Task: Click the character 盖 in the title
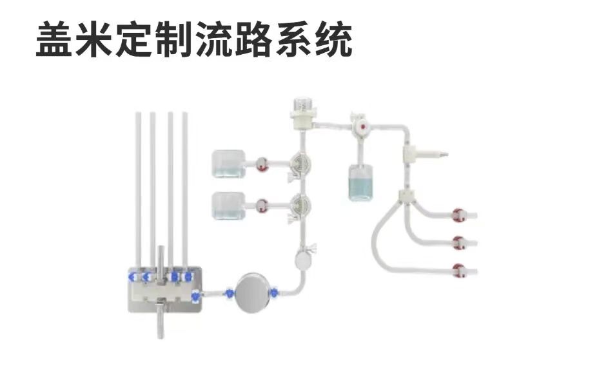[x=54, y=39]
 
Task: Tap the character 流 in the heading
[x=214, y=39]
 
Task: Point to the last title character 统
[x=334, y=39]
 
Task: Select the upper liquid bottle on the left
[x=229, y=164]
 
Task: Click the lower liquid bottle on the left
[x=229, y=206]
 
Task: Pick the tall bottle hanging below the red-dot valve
[x=360, y=182]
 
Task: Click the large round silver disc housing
[x=253, y=293]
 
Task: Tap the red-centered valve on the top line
[x=362, y=127]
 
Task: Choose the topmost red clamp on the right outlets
[x=458, y=215]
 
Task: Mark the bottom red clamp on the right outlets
[x=458, y=271]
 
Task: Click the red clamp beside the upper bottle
[x=262, y=164]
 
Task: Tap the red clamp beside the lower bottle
[x=262, y=206]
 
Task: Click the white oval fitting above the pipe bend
[x=301, y=259]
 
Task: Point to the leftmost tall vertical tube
[x=139, y=190]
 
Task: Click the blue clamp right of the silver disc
[x=274, y=293]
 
